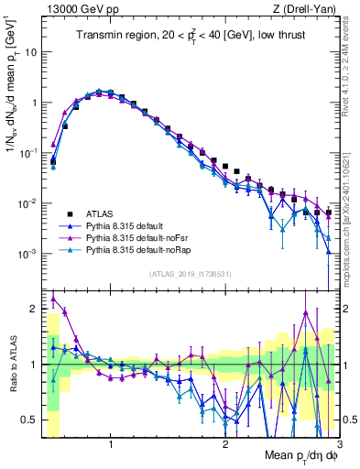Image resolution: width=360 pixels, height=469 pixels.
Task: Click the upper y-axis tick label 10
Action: coord(31,52)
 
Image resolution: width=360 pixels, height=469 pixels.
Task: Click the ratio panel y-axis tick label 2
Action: coord(34,309)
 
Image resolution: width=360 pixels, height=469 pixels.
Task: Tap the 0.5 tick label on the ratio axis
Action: coord(30,420)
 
